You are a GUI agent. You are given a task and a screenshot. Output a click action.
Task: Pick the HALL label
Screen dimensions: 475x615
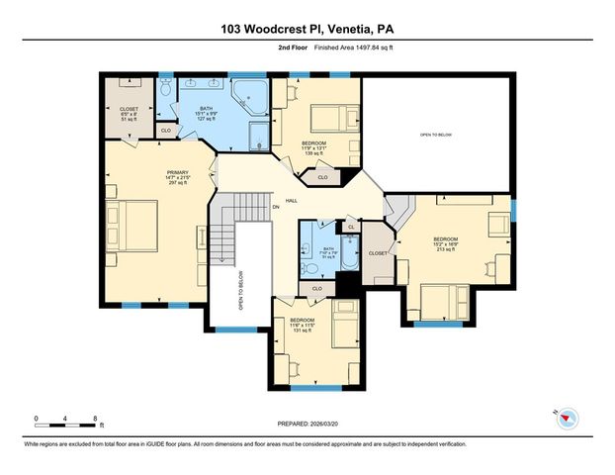(x=292, y=200)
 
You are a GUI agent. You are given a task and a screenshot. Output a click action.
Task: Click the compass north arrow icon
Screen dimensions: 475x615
(x=567, y=420)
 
